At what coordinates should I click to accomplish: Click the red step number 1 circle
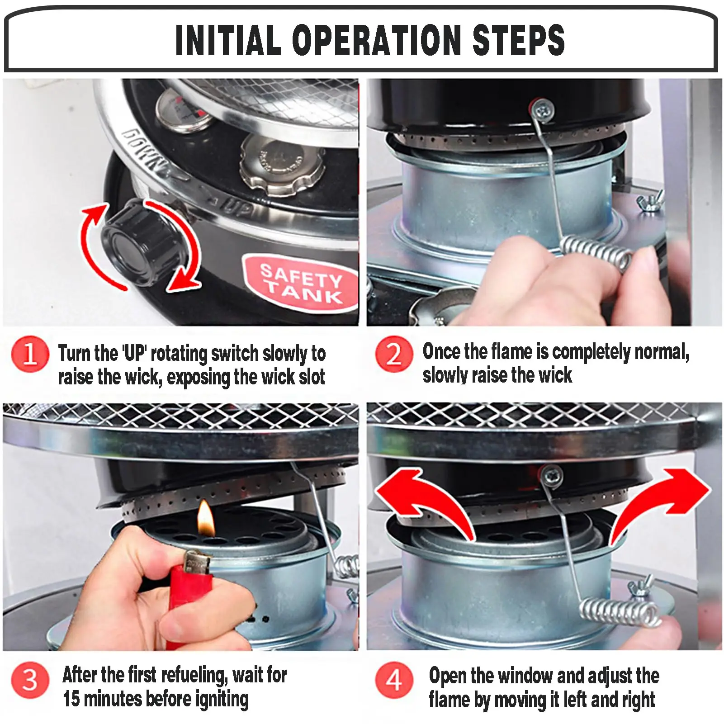tap(30, 353)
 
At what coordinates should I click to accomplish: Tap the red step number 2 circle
tap(394, 354)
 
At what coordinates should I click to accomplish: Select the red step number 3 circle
tap(30, 680)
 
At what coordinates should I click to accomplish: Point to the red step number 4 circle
tap(394, 680)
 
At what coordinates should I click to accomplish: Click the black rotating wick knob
tap(142, 243)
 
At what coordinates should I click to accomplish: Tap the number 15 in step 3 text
tap(71, 699)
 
